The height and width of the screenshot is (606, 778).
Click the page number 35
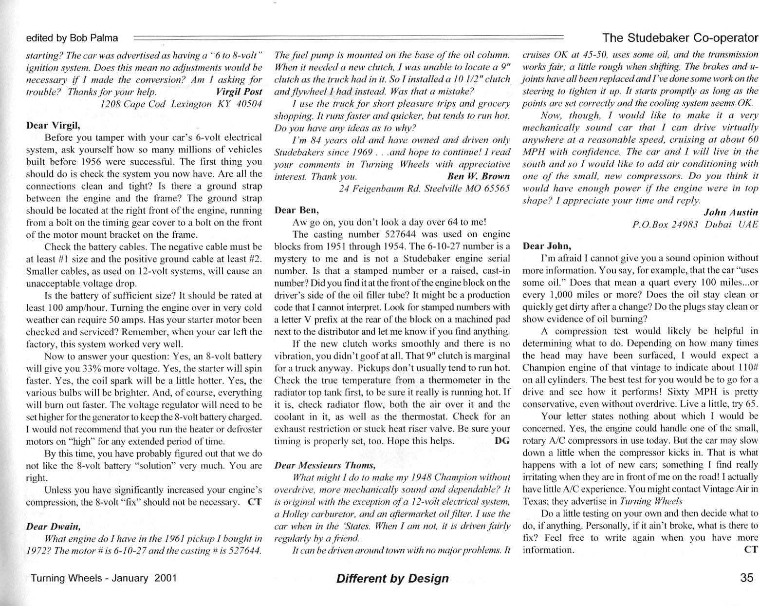coord(746,578)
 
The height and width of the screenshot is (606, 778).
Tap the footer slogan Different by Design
coord(392,578)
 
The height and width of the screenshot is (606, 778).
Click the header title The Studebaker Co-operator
coord(680,38)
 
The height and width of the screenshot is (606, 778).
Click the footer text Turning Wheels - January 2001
coord(103,578)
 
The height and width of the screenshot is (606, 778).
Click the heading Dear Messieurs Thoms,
coord(325,465)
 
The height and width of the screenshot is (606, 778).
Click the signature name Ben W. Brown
coord(478,176)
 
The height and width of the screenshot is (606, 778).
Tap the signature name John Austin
coord(731,212)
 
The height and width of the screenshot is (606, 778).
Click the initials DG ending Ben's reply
coord(501,440)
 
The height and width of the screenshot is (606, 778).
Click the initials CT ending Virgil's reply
coord(255,501)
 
